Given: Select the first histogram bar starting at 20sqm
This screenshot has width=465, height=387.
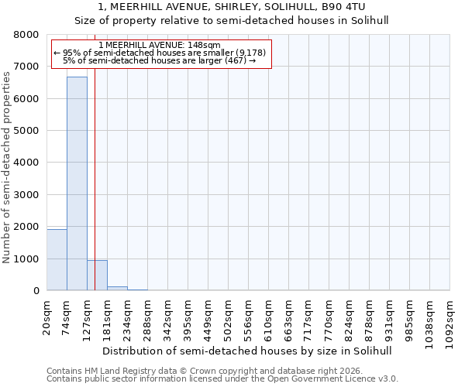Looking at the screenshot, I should (x=57, y=260).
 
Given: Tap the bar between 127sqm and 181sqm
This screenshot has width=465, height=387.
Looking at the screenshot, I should (x=97, y=276).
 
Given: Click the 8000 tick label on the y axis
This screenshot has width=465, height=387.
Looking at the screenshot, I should (x=26, y=35).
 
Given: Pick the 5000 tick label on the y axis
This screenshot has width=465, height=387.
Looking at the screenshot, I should (x=26, y=131).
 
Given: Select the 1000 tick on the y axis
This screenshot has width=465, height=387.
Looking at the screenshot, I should (x=26, y=259).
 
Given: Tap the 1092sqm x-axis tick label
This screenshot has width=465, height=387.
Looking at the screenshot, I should (x=450, y=319).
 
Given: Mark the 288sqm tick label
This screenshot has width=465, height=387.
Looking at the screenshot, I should (x=148, y=317).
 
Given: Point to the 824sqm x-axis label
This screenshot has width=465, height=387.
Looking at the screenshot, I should (x=350, y=317).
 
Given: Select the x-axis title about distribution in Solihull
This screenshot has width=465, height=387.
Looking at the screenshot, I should (x=247, y=351).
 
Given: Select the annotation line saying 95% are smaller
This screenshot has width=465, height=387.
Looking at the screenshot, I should (x=160, y=53).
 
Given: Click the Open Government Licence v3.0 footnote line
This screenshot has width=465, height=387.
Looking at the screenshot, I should (x=222, y=379).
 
